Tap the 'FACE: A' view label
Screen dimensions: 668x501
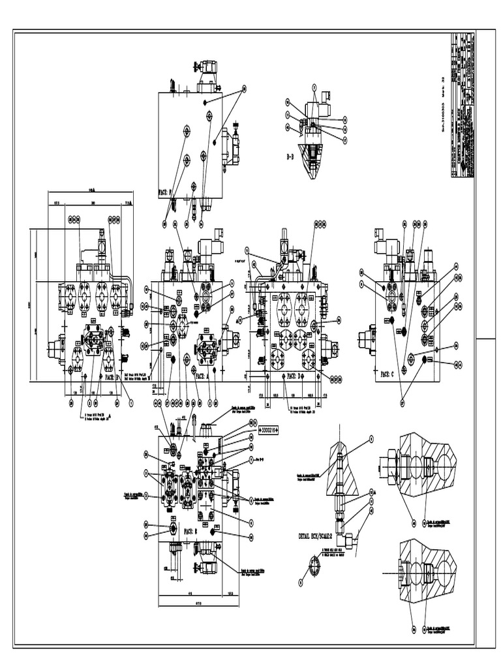(205, 376)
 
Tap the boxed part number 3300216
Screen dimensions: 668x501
(268, 430)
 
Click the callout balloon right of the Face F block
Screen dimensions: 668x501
(244, 89)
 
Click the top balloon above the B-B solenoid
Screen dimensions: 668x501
(314, 86)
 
